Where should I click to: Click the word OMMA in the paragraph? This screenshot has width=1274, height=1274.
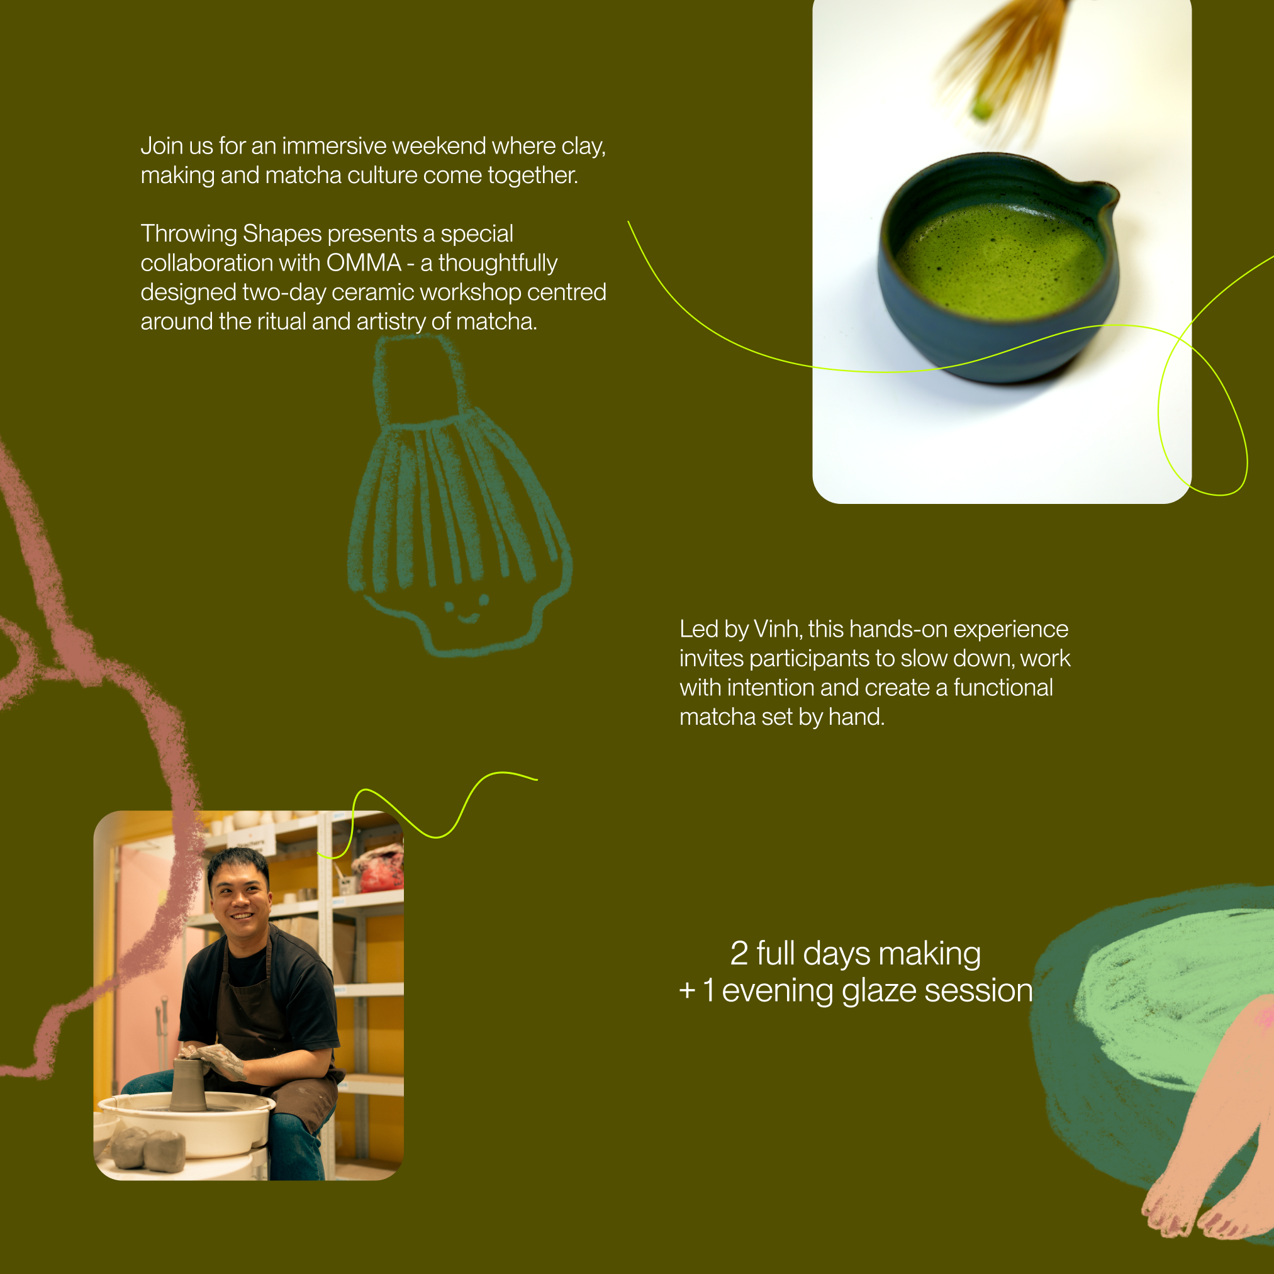point(364,263)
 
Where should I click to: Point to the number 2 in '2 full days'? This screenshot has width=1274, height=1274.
point(739,954)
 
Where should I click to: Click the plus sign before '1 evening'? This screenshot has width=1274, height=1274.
point(687,990)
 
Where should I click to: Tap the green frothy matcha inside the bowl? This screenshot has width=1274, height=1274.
point(999,260)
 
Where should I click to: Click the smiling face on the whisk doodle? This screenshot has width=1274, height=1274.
point(466,610)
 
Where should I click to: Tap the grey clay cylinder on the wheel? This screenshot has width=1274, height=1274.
point(188,1085)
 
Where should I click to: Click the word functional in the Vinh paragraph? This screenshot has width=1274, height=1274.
point(1003,688)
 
